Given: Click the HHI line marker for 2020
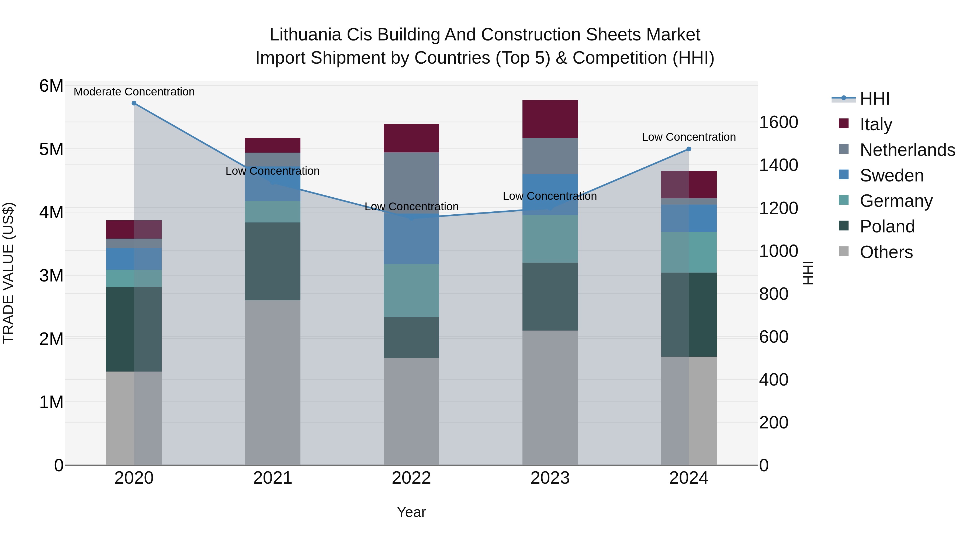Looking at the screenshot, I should [134, 103].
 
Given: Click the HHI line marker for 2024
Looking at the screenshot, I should [689, 149].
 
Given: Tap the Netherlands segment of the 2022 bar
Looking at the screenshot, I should [411, 183].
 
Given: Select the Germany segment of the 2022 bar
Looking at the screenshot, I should [411, 290].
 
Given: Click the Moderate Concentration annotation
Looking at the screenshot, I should [134, 92].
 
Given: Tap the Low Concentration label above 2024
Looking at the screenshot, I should [689, 137].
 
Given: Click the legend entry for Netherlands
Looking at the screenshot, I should [907, 150].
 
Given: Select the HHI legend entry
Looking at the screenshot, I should [874, 99].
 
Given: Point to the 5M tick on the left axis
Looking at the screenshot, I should [51, 149].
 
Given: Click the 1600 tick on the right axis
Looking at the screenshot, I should [778, 122].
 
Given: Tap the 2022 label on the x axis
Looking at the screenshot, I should [411, 478].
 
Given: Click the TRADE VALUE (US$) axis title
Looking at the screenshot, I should [8, 273].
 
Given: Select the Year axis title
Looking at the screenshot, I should [411, 512].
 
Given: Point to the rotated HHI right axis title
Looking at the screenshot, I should [808, 273].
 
